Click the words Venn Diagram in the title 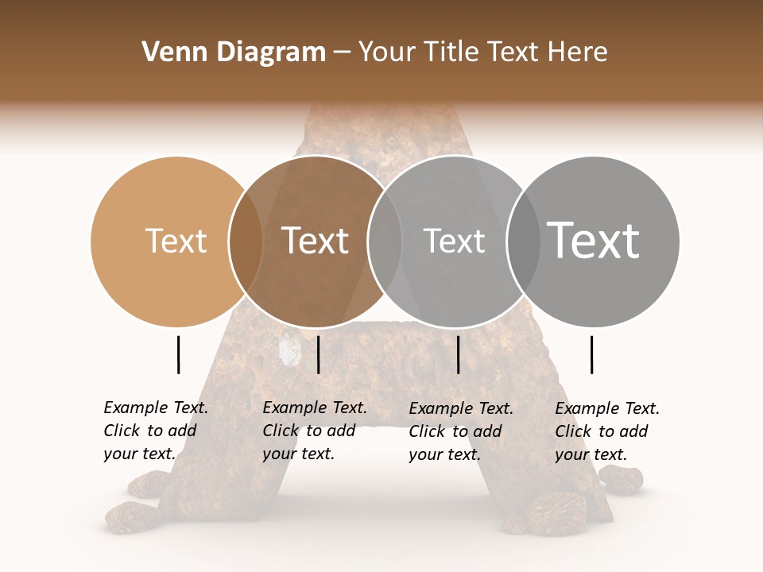(x=234, y=52)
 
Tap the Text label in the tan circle (x=176, y=242)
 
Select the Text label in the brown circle (x=315, y=242)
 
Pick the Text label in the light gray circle (x=454, y=242)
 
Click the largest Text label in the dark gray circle (x=593, y=240)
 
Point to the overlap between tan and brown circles (x=246, y=242)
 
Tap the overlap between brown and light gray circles (x=385, y=242)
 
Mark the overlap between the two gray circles (x=523, y=242)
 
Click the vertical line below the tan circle (x=178, y=354)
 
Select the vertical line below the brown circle (x=318, y=354)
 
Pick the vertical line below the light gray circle (x=458, y=354)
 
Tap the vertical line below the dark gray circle (x=591, y=354)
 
